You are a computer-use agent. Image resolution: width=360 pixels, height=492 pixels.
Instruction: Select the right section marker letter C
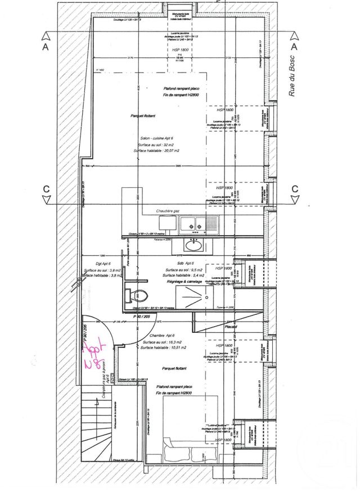pos(294,188)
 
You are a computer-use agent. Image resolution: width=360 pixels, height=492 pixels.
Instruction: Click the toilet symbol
pos(140,294)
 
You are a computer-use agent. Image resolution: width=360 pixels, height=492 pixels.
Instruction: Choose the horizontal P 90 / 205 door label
pos(142,317)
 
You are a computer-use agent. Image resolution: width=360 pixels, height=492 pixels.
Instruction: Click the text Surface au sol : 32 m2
pos(153,145)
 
